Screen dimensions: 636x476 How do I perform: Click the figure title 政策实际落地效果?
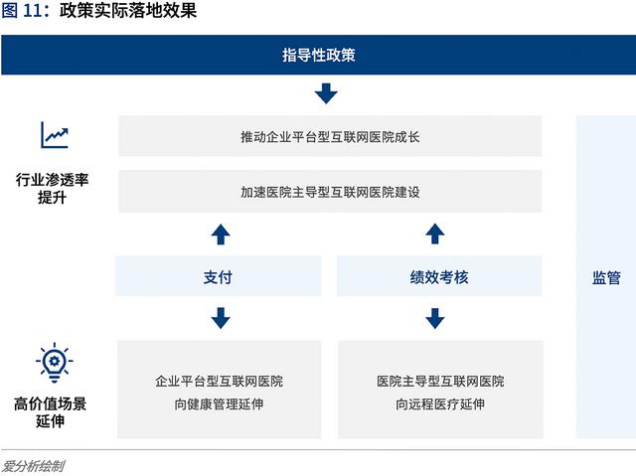pos(128,10)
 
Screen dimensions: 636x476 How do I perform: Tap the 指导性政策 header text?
pos(319,55)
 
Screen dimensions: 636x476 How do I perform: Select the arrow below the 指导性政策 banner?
pos(326,93)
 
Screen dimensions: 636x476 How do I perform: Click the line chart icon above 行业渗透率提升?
pos(55,135)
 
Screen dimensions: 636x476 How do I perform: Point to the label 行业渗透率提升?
pos(52,189)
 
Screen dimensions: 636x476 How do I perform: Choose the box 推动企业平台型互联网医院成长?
pos(330,136)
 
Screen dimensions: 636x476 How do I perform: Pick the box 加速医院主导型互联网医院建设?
pos(330,192)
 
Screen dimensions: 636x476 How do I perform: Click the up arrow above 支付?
pos(221,234)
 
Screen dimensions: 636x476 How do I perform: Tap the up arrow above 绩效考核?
pos(435,234)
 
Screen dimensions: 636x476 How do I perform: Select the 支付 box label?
pos(218,277)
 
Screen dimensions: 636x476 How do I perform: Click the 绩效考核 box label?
pos(439,277)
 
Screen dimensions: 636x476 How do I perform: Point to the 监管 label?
pos(606,278)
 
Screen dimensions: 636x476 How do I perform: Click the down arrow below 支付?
pos(221,318)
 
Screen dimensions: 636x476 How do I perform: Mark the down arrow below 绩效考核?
pos(435,318)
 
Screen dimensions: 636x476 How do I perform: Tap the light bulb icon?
pos(55,363)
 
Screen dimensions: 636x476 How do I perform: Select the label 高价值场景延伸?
pos(51,412)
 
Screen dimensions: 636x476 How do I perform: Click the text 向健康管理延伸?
pos(219,404)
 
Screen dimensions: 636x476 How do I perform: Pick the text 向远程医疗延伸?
pos(440,404)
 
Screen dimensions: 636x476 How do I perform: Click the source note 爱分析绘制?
pos(33,466)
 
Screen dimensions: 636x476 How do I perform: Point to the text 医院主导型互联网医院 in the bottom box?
pos(440,382)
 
